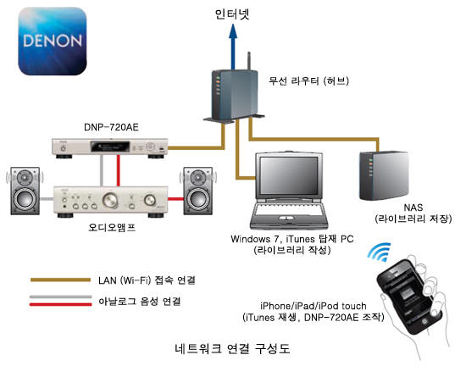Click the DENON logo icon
click(x=53, y=41)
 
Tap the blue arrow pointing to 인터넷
click(x=233, y=47)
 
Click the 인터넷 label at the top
click(x=232, y=14)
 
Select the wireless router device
click(x=234, y=95)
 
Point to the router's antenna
click(x=249, y=61)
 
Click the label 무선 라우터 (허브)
click(x=308, y=80)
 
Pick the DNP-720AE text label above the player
click(x=111, y=127)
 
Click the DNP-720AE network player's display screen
click(x=110, y=147)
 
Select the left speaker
click(x=25, y=191)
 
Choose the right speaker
click(x=198, y=191)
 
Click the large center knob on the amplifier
click(x=110, y=200)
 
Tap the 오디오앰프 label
click(x=112, y=228)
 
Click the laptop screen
click(x=289, y=175)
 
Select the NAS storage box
click(x=383, y=176)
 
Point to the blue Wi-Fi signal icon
click(x=380, y=252)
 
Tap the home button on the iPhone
click(x=424, y=321)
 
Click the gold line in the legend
click(x=60, y=280)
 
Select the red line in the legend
click(x=60, y=304)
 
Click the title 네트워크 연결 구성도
click(x=232, y=348)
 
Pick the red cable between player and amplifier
click(x=119, y=170)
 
